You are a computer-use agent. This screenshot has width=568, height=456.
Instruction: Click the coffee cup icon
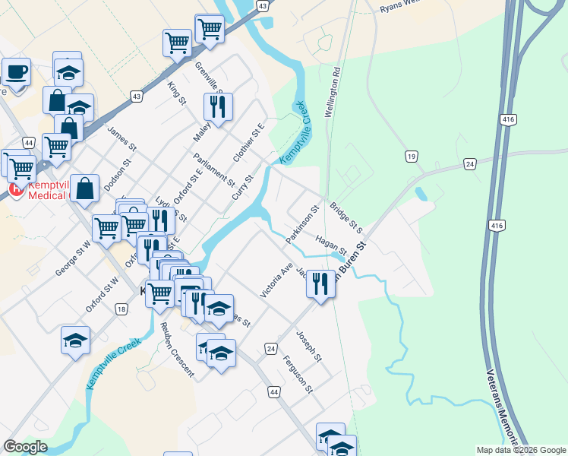15,72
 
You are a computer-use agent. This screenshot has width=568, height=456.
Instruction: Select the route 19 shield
411,156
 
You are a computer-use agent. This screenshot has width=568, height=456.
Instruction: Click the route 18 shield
121,308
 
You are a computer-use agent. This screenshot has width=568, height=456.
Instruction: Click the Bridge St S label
346,217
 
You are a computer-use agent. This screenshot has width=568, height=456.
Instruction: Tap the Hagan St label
331,245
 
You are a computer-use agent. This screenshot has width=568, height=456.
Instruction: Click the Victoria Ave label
276,280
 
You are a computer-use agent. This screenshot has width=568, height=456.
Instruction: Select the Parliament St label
214,169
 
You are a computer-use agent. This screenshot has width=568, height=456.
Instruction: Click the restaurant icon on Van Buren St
320,283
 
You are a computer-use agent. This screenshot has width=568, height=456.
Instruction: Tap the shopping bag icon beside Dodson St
85,189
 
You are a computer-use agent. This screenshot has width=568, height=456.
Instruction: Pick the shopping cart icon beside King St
177,43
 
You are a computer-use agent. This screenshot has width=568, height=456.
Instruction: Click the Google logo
25,447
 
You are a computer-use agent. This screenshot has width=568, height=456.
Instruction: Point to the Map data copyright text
520,450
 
